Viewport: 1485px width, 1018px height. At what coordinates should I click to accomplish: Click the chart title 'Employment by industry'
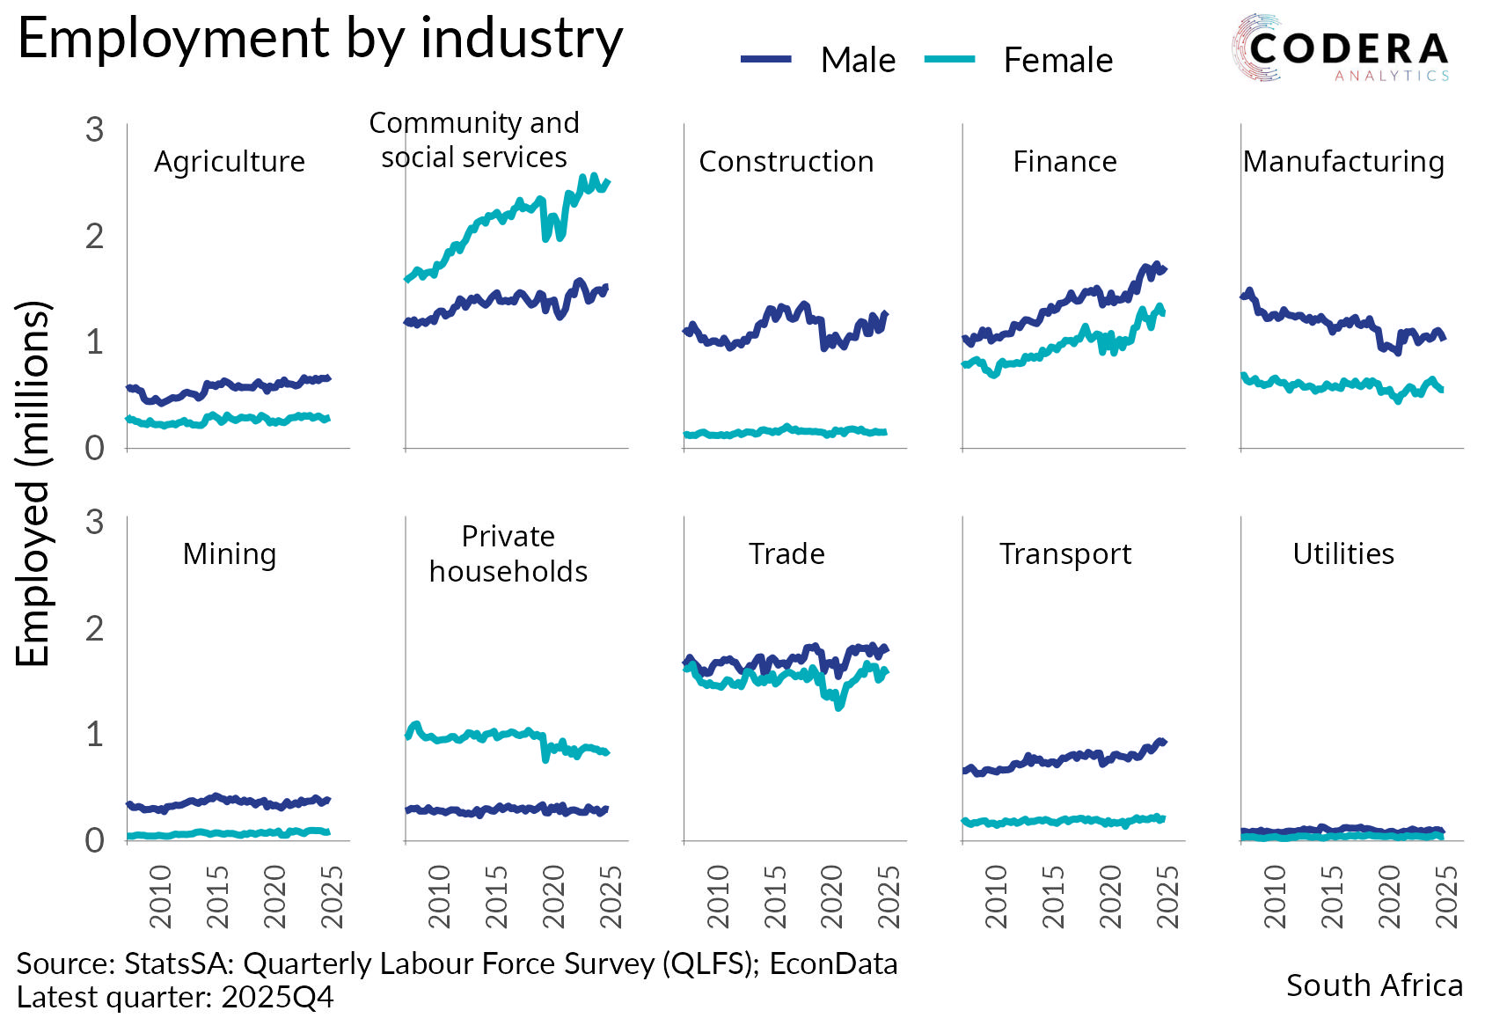pyautogui.click(x=320, y=40)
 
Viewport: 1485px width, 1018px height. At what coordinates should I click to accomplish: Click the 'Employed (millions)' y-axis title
pyautogui.click(x=33, y=483)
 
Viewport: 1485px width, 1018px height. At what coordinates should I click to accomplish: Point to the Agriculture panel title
pyautogui.click(x=230, y=162)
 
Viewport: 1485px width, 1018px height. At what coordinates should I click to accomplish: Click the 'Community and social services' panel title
pyautogui.click(x=474, y=140)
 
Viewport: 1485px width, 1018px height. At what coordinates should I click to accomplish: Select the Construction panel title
pyautogui.click(x=786, y=162)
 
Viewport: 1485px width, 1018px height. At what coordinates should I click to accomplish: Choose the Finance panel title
pyautogui.click(x=1064, y=162)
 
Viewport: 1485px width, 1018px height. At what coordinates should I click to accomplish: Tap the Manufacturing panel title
pyautogui.click(x=1343, y=162)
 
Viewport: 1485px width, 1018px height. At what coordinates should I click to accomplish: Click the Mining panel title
pyautogui.click(x=230, y=554)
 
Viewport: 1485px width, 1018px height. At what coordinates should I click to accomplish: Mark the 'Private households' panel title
pyautogui.click(x=508, y=554)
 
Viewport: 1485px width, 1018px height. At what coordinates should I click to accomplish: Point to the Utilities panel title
pyautogui.click(x=1343, y=554)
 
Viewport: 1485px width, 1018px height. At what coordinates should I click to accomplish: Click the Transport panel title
pyautogui.click(x=1065, y=554)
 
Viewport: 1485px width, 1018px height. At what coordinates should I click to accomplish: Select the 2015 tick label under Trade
pyautogui.click(x=775, y=897)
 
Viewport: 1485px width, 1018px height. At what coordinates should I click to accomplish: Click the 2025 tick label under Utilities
pyautogui.click(x=1445, y=897)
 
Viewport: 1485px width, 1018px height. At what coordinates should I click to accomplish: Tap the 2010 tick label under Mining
pyautogui.click(x=160, y=897)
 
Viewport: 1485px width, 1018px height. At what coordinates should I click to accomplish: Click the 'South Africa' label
pyautogui.click(x=1374, y=985)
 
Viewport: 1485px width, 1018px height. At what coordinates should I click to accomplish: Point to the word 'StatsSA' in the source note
pyautogui.click(x=176, y=964)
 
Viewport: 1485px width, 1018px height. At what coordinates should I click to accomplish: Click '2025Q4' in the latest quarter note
pyautogui.click(x=278, y=998)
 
